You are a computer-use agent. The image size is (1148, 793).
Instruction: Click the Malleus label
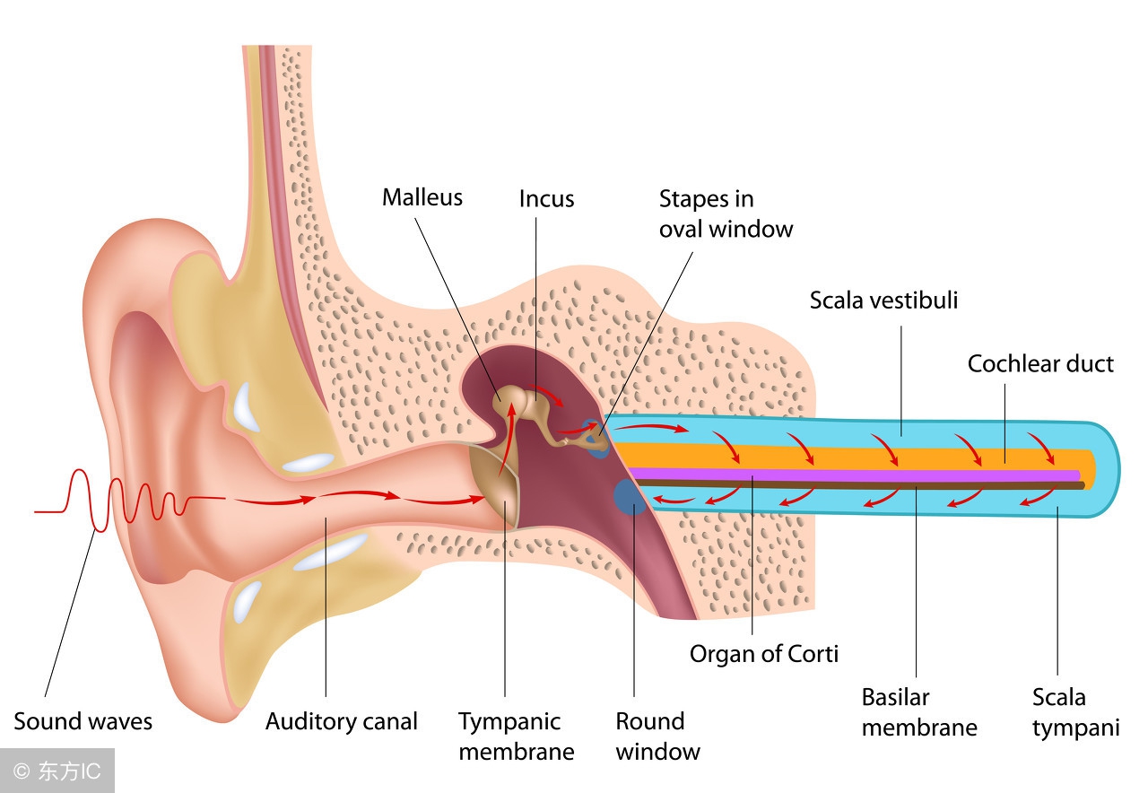422,197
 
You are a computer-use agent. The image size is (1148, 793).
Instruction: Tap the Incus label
546,198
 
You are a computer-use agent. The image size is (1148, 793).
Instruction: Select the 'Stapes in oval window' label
726,213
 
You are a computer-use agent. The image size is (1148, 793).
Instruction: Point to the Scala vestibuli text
883,300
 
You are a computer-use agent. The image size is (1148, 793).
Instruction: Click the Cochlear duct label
1040,363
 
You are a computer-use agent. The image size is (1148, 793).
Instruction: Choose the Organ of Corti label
764,653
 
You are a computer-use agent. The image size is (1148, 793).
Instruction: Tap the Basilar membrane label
918,710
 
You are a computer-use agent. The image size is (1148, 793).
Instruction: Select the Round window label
657,736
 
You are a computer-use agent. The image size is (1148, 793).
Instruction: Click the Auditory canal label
342,721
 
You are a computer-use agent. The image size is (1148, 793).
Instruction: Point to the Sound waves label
83,721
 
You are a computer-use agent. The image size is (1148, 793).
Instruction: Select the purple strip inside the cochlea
852,474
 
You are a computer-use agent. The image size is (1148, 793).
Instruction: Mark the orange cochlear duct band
852,457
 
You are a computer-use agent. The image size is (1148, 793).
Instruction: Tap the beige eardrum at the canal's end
495,480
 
